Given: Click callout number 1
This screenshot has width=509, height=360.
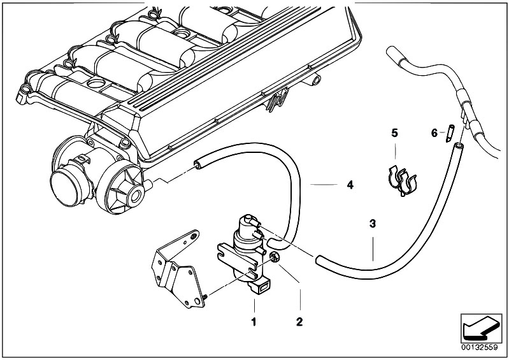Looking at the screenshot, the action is point(254,322).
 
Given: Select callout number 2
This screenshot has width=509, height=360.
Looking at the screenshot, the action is point(299,322).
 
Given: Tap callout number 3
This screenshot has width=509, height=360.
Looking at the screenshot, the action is point(373,224).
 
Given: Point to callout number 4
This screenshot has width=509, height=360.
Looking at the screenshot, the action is point(350,185).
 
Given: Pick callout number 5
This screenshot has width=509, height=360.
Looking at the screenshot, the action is point(394,133).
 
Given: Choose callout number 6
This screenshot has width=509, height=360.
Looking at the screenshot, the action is point(434,133).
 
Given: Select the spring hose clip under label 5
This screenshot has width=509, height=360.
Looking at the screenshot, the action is point(402,180).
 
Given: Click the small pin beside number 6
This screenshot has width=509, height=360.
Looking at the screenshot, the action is point(450,133).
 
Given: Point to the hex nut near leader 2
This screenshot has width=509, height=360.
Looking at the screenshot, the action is point(275,257).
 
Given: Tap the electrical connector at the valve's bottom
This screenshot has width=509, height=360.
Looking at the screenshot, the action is point(261,285).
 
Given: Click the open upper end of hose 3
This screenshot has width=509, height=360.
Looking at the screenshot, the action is point(459,146).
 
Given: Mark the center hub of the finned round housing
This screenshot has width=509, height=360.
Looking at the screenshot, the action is point(136,196).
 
